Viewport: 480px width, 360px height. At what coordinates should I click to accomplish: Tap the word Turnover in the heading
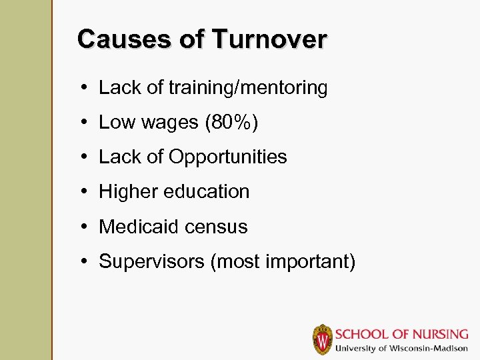point(269,39)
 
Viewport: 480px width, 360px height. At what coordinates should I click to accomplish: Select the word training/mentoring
point(248,88)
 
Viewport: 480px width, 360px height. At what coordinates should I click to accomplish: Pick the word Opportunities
point(228,157)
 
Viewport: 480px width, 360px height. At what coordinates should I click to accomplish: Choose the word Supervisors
point(151,261)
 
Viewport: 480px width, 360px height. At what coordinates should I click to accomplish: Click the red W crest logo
point(323,339)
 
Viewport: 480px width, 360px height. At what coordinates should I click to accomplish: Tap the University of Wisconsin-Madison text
point(401,349)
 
